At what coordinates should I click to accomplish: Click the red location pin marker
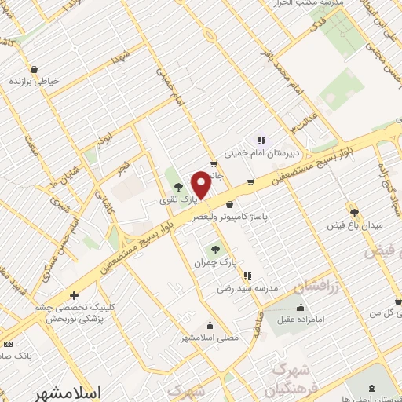pyautogui.click(x=200, y=185)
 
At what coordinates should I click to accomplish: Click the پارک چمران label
pyautogui.click(x=216, y=261)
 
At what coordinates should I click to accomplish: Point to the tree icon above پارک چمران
pyautogui.click(x=216, y=249)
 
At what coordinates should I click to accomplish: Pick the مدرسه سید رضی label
pyautogui.click(x=250, y=289)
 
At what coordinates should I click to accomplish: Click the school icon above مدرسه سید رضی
pyautogui.click(x=247, y=276)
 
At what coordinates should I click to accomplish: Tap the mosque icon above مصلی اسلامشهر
pyautogui.click(x=210, y=326)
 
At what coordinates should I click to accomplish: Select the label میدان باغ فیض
pyautogui.click(x=354, y=226)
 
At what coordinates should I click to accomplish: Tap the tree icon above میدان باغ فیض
pyautogui.click(x=354, y=212)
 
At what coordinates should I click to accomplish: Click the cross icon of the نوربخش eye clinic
pyautogui.click(x=74, y=296)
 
